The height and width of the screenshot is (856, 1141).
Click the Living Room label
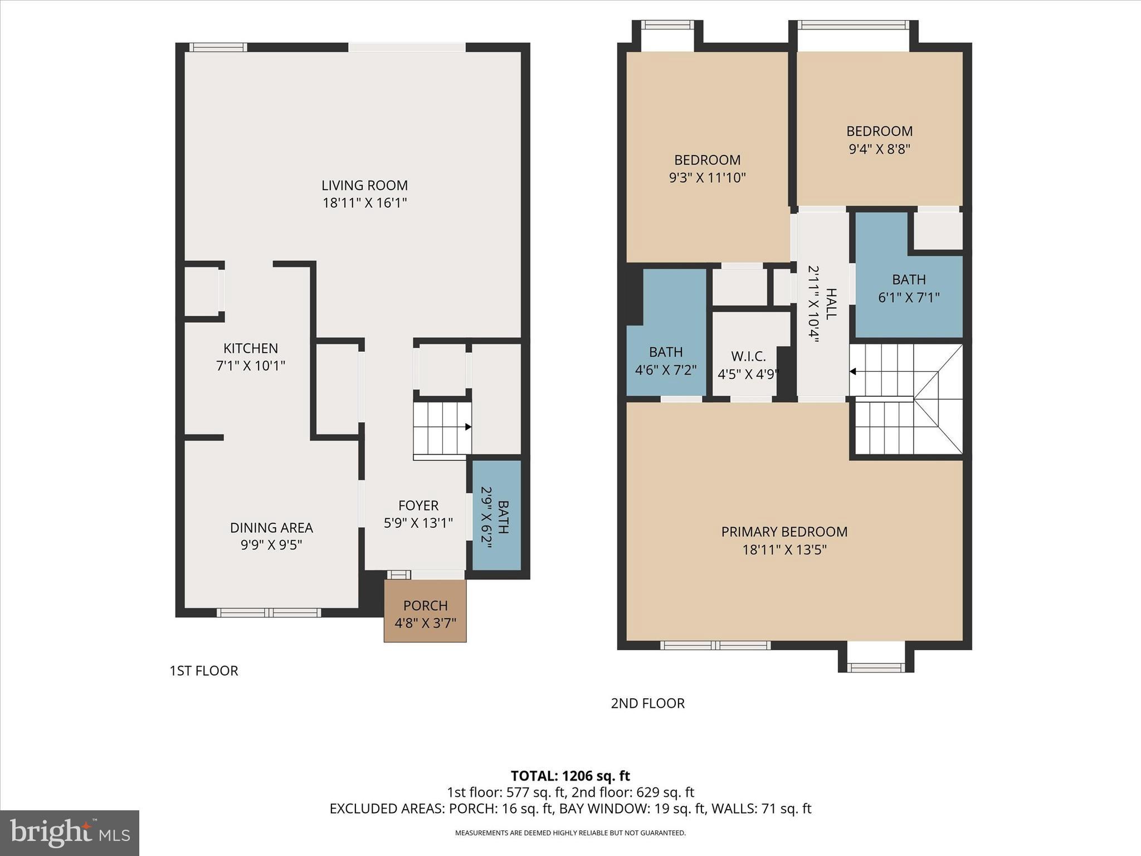(x=364, y=186)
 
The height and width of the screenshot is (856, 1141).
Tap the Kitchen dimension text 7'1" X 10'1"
(x=250, y=366)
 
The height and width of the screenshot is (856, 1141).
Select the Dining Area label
(x=271, y=527)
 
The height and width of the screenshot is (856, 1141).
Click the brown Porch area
(x=425, y=613)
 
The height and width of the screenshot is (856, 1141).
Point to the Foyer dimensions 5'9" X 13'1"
(x=418, y=523)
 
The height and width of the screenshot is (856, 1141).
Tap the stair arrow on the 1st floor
(x=468, y=427)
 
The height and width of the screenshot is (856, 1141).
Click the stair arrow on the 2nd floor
(x=853, y=372)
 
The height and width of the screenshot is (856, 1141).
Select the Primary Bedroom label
(x=784, y=532)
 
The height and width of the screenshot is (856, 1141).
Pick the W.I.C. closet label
(x=748, y=356)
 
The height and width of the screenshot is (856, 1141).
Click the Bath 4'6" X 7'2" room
(x=666, y=360)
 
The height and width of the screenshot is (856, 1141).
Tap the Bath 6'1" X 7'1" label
(x=909, y=280)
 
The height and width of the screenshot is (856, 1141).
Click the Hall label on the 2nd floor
(x=831, y=304)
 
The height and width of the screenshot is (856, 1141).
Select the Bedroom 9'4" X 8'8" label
(x=879, y=132)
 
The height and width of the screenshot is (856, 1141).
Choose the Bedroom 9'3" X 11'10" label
(x=707, y=160)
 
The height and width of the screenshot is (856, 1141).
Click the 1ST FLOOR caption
(x=204, y=670)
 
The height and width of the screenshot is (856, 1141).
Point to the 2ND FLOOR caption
(x=647, y=703)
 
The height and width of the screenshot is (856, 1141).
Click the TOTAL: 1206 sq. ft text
(x=570, y=776)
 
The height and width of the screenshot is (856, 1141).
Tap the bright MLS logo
(x=70, y=833)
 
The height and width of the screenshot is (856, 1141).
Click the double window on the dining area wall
(x=269, y=613)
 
